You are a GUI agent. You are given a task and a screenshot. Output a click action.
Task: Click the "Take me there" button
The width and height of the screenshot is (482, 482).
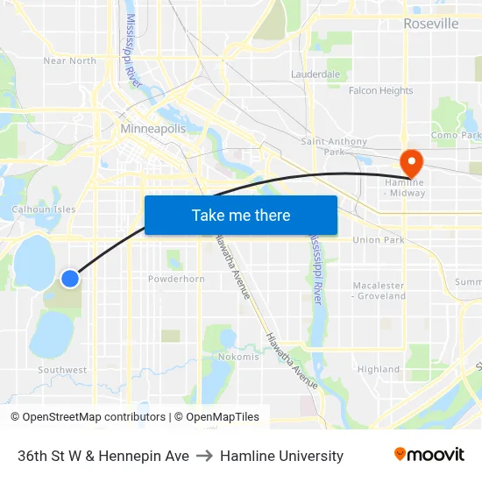241,215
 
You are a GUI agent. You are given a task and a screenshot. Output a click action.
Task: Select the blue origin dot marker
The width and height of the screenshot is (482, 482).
70,279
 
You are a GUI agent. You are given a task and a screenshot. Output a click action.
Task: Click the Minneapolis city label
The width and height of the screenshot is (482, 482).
153,129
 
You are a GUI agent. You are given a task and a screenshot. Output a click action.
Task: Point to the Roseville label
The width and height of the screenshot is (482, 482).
430,24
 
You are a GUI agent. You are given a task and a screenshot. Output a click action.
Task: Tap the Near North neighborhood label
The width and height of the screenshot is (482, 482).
70,60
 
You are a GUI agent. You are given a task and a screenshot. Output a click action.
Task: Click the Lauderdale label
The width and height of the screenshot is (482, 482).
315,74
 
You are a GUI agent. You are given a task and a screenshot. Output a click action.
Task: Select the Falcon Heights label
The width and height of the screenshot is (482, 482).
380,91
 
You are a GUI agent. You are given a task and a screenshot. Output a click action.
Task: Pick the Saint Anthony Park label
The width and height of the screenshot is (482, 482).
328,146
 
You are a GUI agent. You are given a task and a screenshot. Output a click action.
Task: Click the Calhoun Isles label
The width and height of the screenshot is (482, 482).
43,209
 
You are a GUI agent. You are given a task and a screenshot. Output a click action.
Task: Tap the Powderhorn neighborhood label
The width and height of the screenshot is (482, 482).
176,279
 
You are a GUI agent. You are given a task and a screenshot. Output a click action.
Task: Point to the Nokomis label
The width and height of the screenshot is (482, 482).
238,357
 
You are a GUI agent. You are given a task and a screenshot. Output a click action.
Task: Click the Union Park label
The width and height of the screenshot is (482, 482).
379,240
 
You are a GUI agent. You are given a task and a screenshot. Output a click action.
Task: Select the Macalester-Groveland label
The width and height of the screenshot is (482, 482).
379,291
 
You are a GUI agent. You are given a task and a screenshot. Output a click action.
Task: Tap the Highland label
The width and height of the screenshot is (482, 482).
379,370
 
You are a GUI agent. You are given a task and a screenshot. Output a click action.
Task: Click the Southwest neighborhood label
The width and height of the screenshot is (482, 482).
62,370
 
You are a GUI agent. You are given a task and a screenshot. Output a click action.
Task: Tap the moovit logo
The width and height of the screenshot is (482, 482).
429,455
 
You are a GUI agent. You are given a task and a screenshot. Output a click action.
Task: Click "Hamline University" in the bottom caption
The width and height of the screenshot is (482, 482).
281,456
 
